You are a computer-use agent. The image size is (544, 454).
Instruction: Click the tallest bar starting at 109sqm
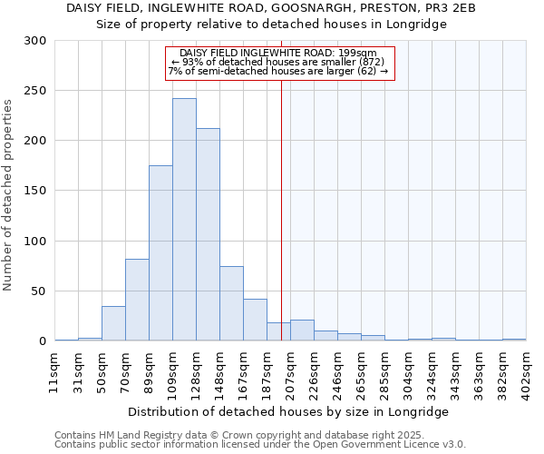click(x=184, y=220)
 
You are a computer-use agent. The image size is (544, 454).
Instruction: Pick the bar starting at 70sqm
click(x=137, y=300)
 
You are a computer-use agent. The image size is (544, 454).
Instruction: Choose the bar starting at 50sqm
click(x=113, y=323)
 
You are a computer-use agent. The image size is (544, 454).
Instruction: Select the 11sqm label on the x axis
click(x=54, y=369)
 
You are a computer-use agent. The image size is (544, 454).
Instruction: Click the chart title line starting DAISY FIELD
click(x=271, y=8)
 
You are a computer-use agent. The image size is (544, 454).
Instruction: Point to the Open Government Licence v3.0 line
click(x=260, y=445)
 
